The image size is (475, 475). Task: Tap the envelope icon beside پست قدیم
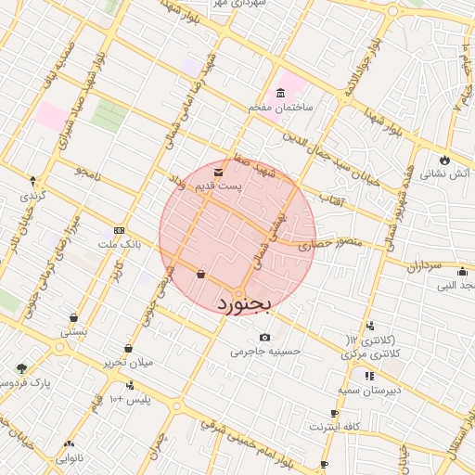pos(218,173)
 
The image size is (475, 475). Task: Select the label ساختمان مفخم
pos(282,109)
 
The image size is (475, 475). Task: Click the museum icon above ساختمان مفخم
pos(280,93)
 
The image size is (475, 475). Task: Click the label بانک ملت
pos(119,244)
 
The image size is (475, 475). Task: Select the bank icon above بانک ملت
pos(118,229)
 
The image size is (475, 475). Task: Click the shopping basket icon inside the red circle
pos(201,274)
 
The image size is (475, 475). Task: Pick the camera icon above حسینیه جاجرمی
pos(266,337)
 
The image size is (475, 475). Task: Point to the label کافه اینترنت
pos(334,427)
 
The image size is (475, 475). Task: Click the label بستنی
pos(74,330)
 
